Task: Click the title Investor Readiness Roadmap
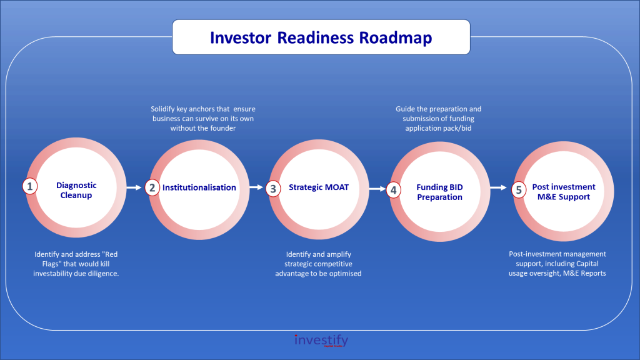tap(321, 37)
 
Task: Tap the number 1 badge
tap(30, 186)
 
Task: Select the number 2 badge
tap(152, 187)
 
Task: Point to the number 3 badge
tap(273, 189)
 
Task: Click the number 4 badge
tap(394, 190)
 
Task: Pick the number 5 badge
tap(519, 190)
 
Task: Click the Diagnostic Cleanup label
tap(76, 190)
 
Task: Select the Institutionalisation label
tap(199, 187)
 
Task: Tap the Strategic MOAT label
tap(319, 187)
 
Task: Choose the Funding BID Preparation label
tap(439, 192)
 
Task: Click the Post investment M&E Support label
tap(564, 191)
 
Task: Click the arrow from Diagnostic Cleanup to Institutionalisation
tap(134, 187)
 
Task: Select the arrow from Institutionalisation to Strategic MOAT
tap(256, 187)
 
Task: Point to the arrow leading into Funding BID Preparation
tap(377, 189)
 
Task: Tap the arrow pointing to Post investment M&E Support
tap(498, 187)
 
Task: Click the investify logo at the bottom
tap(321, 341)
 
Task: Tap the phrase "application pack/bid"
tap(438, 128)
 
